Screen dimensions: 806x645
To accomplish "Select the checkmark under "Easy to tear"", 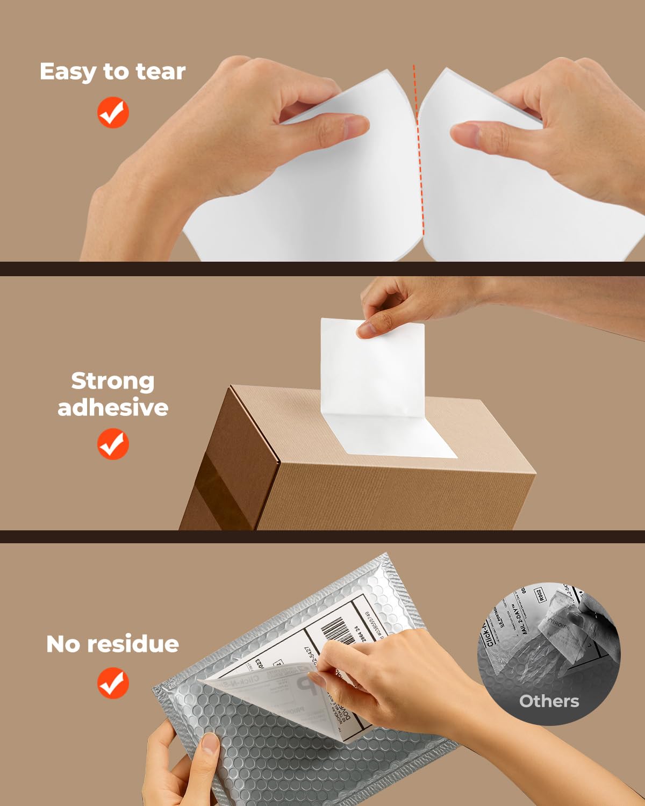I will click(x=113, y=112).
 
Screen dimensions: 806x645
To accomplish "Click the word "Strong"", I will click(x=113, y=381).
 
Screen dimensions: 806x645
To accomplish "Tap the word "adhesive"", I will click(x=113, y=407).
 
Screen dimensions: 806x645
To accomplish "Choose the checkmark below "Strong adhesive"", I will click(x=113, y=444).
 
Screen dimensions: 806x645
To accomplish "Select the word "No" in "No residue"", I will click(x=63, y=644).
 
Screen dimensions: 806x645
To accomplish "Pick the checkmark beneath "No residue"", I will click(x=113, y=682).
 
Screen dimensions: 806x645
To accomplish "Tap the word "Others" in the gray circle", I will click(x=549, y=701).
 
